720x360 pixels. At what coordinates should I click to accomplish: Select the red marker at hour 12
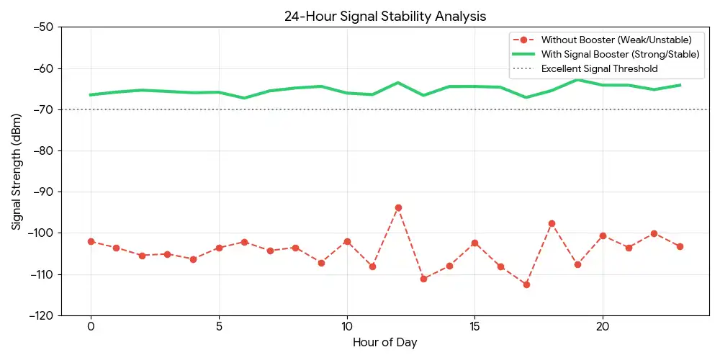coord(398,207)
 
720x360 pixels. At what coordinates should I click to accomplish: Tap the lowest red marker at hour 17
coord(526,284)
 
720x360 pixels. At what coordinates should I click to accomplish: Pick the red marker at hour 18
coord(552,223)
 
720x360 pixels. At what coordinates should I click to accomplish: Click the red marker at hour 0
coord(91,241)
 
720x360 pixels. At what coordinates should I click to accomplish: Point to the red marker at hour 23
coord(680,246)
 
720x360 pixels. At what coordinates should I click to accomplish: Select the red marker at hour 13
coord(423,279)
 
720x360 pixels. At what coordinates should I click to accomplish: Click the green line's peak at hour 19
coord(577,80)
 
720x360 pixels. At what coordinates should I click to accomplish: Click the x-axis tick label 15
coord(474,326)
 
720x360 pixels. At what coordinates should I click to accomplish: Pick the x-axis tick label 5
coord(219,326)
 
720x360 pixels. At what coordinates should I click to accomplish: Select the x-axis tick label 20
coord(603,326)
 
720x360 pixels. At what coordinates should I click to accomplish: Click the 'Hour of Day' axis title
coord(384,343)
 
